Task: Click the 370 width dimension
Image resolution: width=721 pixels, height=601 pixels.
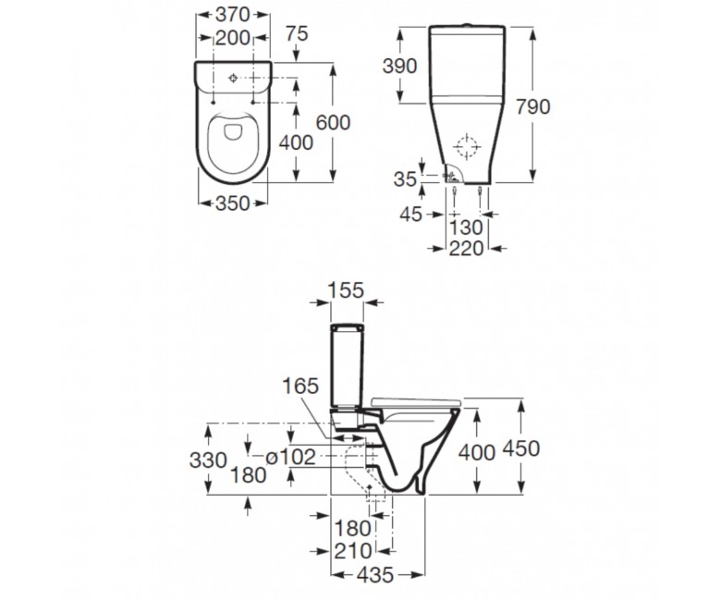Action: point(233,15)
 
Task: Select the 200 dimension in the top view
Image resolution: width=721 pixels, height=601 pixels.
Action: point(233,38)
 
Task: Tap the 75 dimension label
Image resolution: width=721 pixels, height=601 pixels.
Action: point(297,33)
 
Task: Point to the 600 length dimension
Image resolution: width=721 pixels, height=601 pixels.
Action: point(334,122)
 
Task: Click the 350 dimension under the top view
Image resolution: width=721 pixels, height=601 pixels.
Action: point(233,203)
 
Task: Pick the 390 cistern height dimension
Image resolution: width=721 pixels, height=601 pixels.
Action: point(400,67)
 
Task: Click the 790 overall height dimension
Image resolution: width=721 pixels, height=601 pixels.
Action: point(533,106)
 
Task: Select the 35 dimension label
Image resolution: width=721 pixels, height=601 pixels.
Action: point(405,179)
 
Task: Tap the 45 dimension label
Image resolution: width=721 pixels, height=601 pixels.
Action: point(410,215)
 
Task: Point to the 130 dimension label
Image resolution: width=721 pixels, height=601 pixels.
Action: point(466,227)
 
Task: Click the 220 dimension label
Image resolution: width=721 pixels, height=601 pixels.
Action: point(466,249)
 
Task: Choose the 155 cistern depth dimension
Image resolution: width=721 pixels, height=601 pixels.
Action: point(347,290)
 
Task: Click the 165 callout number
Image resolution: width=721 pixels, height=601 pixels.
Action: point(299,386)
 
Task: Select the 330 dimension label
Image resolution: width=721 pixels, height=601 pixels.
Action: point(208,460)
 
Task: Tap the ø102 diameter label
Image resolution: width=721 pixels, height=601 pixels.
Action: point(291,457)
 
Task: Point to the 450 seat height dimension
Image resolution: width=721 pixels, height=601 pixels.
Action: point(522,448)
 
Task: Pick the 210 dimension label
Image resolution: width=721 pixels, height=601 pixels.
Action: point(353,551)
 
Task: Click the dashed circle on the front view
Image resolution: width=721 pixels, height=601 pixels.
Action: point(467,146)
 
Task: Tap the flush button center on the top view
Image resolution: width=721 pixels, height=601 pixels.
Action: point(233,78)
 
